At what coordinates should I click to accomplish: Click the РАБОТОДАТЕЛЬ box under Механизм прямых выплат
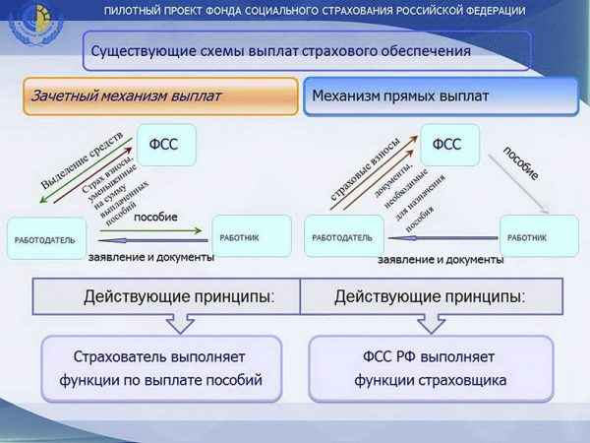pyautogui.click(x=343, y=237)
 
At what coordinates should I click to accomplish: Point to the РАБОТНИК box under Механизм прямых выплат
pyautogui.click(x=539, y=236)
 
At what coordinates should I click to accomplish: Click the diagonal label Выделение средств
pyautogui.click(x=82, y=160)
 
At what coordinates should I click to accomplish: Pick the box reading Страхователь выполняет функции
pyautogui.click(x=161, y=368)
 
